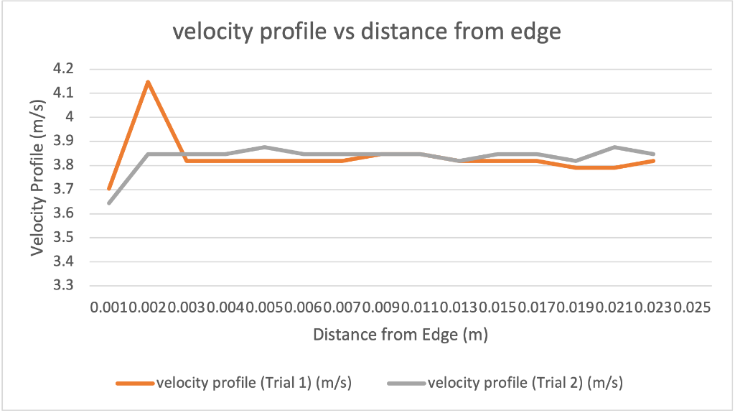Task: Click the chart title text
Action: coord(367,32)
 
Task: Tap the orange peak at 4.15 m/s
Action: coord(148,82)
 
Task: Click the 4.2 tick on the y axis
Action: coord(63,69)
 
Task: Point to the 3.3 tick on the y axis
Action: coord(63,286)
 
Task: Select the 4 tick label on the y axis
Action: coord(70,117)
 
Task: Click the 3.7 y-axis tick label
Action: coord(63,190)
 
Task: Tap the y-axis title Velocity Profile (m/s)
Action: coord(39,177)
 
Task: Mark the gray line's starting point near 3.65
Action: coord(109,203)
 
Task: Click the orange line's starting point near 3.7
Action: coord(109,188)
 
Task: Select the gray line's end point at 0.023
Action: coord(653,154)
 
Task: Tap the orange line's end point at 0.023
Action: coord(653,161)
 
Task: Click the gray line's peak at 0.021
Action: coord(614,147)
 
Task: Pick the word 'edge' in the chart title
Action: coord(534,32)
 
